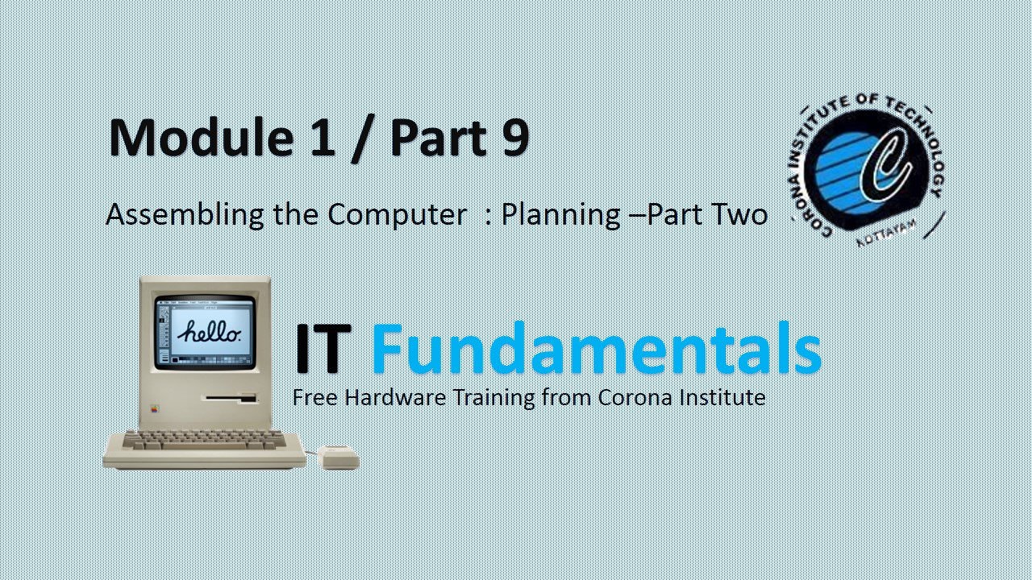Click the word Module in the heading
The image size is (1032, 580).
pyautogui.click(x=201, y=137)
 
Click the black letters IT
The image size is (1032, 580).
pyautogui.click(x=323, y=349)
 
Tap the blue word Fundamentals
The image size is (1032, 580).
pyautogui.click(x=596, y=349)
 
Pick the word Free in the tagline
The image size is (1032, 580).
pyautogui.click(x=311, y=397)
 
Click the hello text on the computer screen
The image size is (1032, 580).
pyautogui.click(x=209, y=331)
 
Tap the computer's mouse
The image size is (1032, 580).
pyautogui.click(x=339, y=458)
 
